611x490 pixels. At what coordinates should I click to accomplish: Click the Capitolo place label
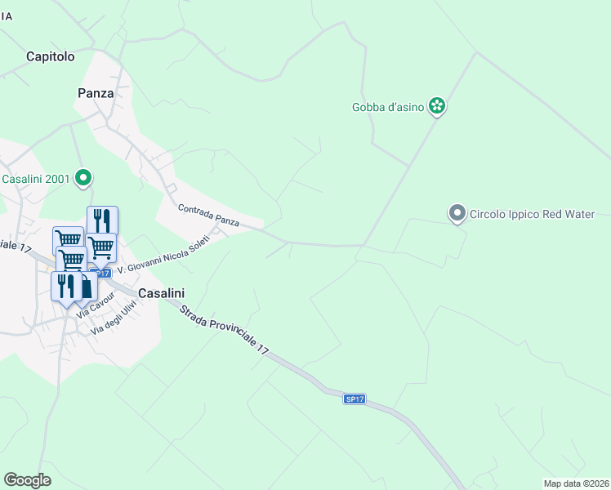point(51,56)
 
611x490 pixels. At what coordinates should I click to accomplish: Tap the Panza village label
point(96,93)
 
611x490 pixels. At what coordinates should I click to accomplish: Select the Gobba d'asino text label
point(388,107)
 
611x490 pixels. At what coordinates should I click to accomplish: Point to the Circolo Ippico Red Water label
point(531,214)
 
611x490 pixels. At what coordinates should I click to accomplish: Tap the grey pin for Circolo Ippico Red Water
point(457,213)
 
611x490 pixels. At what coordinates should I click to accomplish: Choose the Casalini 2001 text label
point(34,178)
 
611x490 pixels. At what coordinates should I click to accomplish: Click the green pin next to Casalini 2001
point(83,176)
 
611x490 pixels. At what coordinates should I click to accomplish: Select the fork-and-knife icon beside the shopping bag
point(64,285)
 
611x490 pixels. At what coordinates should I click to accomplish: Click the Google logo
point(27,480)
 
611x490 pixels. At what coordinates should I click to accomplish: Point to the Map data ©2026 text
point(577,483)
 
